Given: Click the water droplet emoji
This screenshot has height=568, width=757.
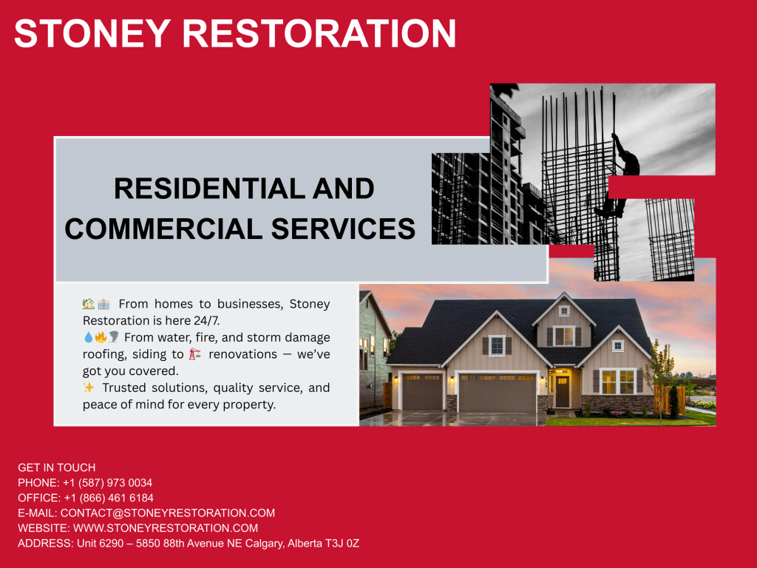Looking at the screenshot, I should (x=88, y=337).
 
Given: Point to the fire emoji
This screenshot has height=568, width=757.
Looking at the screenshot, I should (x=101, y=337).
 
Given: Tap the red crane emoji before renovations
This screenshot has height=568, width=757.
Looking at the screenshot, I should (x=194, y=354).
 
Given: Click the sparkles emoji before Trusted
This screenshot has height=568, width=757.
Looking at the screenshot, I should (x=89, y=388).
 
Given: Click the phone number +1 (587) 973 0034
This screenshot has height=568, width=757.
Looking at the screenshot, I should (x=108, y=483).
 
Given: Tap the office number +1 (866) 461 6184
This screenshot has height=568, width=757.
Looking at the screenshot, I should (x=109, y=498).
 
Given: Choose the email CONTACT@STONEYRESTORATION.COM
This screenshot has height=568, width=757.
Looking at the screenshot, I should (x=168, y=513).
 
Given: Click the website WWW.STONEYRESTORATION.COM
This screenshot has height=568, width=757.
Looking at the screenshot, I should (x=166, y=528).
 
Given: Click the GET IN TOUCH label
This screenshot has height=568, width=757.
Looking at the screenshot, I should (x=57, y=467).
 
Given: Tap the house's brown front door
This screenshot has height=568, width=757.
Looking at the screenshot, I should (x=563, y=391).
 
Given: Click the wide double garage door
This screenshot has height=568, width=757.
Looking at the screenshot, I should (x=497, y=392).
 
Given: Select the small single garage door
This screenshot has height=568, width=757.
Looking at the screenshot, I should (x=422, y=392).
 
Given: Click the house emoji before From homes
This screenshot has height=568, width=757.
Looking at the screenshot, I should (x=89, y=304).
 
